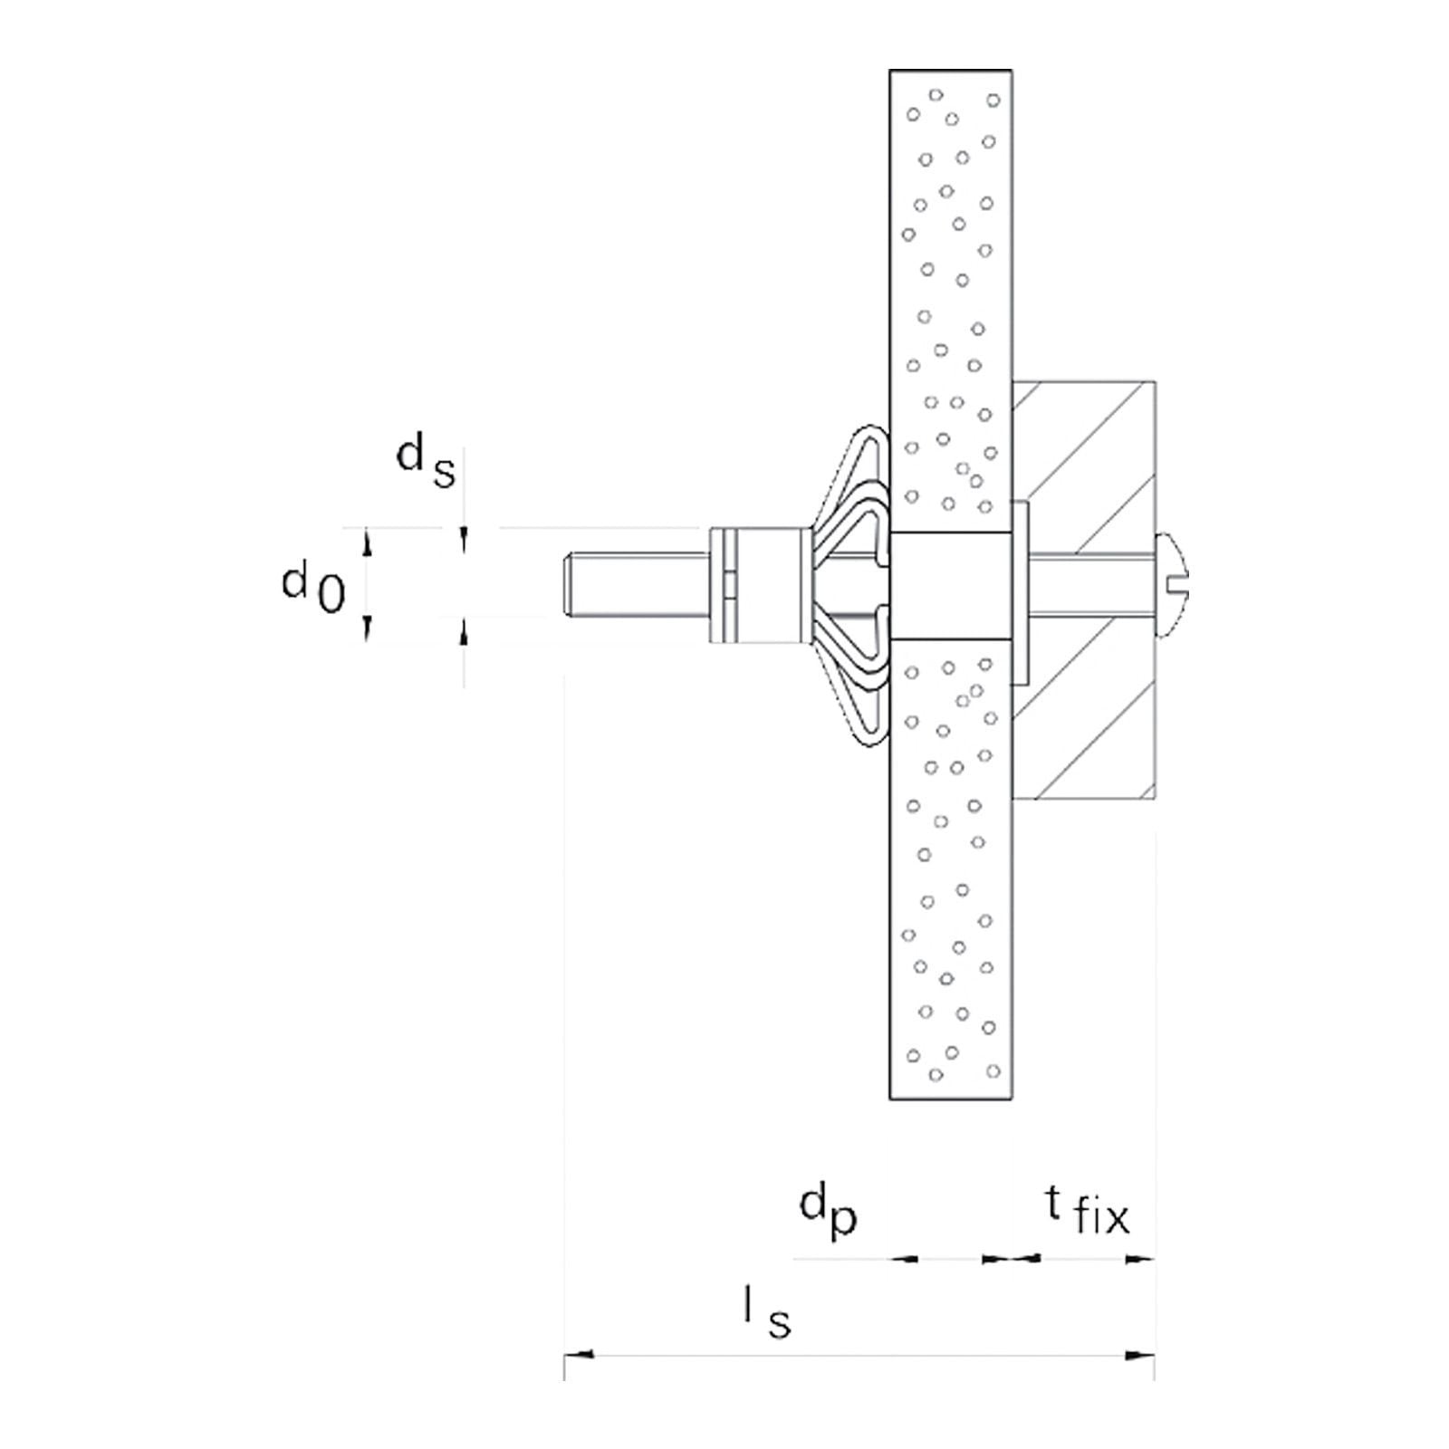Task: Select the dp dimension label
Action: [828, 1212]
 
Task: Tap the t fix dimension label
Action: [1087, 1212]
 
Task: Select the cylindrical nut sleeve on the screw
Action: [756, 587]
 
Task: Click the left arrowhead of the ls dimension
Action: [580, 1380]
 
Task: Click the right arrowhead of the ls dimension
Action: [1140, 1380]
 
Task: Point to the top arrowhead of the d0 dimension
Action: [367, 542]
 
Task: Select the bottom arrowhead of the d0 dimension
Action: [367, 626]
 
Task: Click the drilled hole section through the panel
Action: [950, 587]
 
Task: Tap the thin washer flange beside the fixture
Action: [1022, 593]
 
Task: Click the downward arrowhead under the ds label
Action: [465, 540]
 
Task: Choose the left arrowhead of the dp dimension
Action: [906, 1258]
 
